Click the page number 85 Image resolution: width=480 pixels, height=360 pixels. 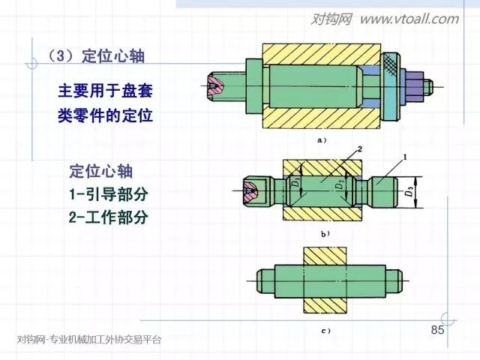tap(438, 331)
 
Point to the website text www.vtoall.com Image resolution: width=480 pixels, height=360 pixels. tap(408, 19)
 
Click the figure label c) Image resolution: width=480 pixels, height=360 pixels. tap(325, 330)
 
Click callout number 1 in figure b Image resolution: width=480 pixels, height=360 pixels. tap(404, 157)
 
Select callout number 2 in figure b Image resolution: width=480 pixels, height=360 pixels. tap(359, 150)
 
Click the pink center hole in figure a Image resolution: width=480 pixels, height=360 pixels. tap(215, 87)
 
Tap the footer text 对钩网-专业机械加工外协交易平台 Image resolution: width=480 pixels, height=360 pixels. tap(89, 339)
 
